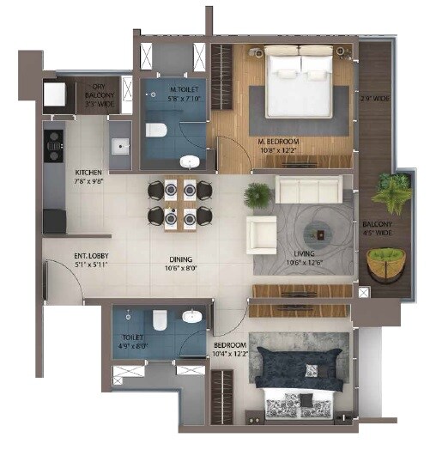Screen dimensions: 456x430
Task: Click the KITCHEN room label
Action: click(88, 176)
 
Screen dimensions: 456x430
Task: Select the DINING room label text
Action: click(180, 262)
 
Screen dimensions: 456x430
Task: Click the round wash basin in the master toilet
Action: click(188, 161)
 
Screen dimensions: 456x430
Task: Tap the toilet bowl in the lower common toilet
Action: click(158, 320)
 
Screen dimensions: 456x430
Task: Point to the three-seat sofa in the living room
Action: click(308, 190)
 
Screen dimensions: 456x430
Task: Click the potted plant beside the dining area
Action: click(257, 195)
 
